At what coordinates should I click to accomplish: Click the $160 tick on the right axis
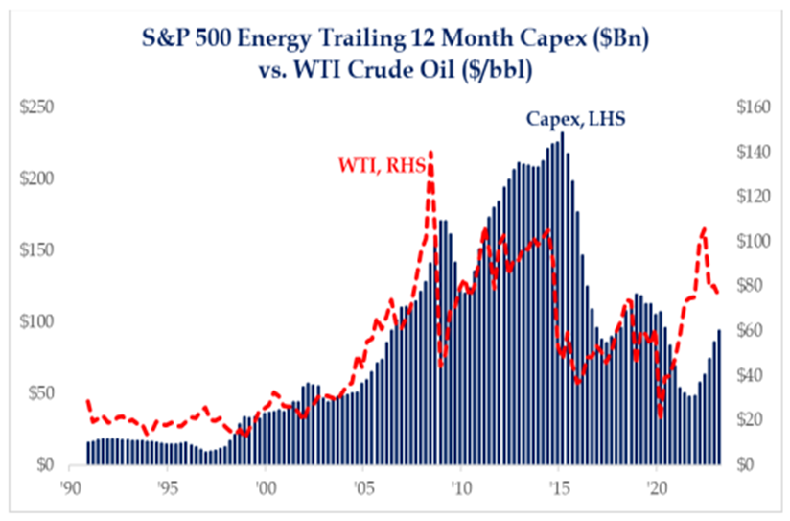coord(752,107)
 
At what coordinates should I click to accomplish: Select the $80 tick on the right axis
coord(749,286)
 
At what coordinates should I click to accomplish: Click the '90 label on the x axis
coord(70,485)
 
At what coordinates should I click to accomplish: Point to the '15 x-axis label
coord(559,485)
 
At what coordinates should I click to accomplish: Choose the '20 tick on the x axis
coord(657,485)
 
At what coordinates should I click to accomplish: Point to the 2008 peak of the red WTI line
coord(430,152)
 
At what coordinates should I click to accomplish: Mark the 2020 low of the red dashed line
coord(661,416)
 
